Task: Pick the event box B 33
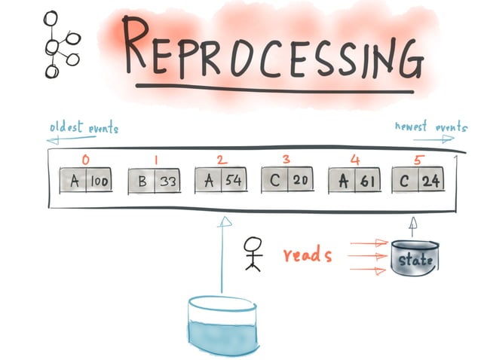tap(156, 182)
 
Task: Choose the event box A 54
tap(222, 182)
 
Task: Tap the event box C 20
tap(289, 182)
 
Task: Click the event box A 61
tap(354, 182)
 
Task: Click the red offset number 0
tap(86, 160)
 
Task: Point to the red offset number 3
tap(286, 160)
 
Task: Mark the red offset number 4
tap(354, 160)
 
